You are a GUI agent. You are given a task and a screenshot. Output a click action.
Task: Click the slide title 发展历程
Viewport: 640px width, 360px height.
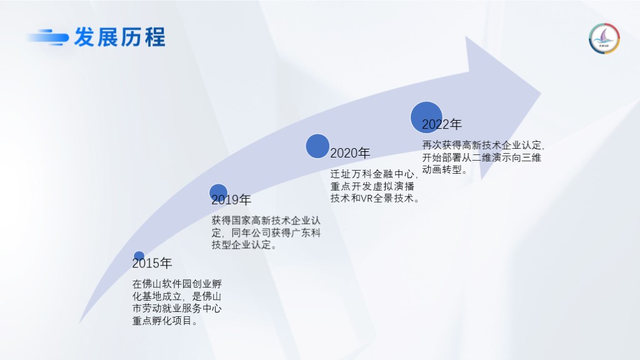[119, 37]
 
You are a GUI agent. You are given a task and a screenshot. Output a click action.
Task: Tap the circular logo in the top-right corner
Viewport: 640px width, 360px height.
[604, 39]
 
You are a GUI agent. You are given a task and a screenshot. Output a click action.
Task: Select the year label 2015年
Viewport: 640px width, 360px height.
[152, 263]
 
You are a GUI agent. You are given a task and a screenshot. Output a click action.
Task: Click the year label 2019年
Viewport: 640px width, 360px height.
[231, 199]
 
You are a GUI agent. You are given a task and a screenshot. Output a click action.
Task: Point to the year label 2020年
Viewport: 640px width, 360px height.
[350, 153]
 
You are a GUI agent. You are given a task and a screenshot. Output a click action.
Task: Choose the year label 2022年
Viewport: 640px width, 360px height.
[442, 124]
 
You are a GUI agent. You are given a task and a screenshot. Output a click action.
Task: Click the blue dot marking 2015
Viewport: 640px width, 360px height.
[139, 256]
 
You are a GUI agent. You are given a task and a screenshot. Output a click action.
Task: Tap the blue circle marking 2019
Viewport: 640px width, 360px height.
[218, 192]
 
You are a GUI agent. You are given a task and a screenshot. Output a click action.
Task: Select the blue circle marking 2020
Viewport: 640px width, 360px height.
[317, 146]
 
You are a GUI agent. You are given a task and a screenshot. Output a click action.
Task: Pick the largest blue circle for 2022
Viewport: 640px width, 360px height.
[426, 117]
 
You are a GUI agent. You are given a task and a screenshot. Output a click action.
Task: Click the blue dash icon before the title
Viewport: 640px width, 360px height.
[47, 37]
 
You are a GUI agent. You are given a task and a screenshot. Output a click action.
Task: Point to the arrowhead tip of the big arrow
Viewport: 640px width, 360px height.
[541, 94]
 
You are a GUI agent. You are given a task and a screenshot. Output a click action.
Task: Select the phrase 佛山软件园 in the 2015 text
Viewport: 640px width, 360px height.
[167, 284]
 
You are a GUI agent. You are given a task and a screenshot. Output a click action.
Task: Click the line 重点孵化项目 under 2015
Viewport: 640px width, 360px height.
[162, 321]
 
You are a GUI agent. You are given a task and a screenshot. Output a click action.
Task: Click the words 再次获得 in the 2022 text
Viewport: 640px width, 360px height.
[442, 145]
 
